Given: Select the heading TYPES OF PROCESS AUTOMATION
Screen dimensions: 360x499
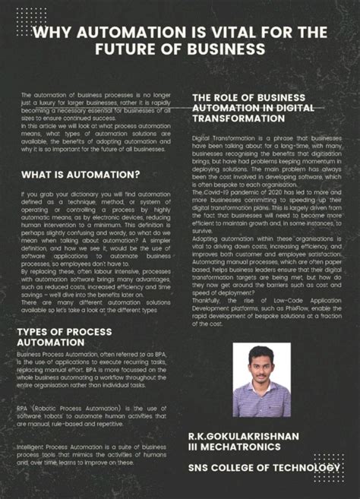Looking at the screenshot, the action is pyautogui.click(x=64, y=337).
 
